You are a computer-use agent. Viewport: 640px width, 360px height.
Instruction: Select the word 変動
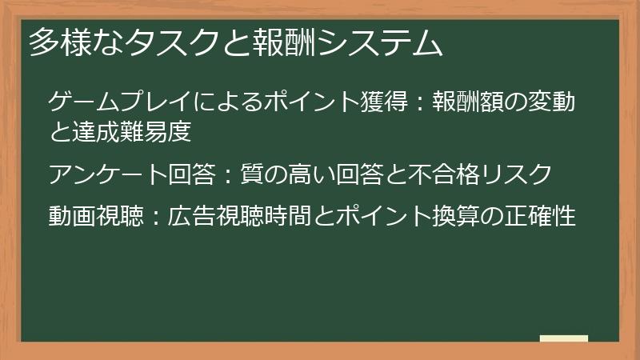click(x=553, y=103)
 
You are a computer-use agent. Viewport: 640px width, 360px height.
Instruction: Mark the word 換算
click(x=450, y=216)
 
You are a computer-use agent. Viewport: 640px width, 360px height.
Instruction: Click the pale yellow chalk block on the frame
click(x=564, y=338)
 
